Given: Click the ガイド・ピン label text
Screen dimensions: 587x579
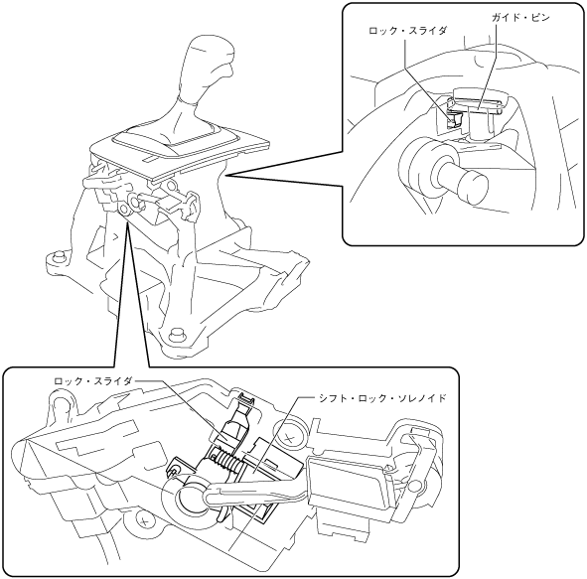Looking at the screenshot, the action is click(x=520, y=18).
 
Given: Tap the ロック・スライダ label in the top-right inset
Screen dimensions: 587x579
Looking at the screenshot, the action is click(x=407, y=31).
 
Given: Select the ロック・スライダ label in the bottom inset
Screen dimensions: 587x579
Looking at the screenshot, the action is click(x=93, y=381).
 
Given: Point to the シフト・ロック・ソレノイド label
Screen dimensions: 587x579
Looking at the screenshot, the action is click(x=382, y=398).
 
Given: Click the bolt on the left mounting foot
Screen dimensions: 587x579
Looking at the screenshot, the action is click(x=58, y=258).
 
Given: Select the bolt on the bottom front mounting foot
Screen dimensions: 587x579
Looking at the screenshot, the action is click(x=176, y=334).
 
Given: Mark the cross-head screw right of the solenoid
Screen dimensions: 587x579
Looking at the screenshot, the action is click(x=288, y=437).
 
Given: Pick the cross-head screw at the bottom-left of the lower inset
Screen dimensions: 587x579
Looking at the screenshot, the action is click(x=144, y=520).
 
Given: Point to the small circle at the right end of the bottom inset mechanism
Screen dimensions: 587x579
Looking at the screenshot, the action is click(x=414, y=486).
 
